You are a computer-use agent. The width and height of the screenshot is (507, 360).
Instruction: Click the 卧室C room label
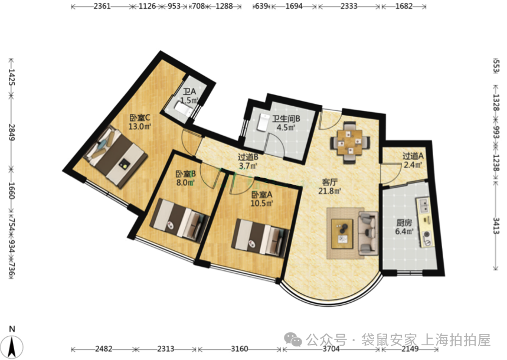140,117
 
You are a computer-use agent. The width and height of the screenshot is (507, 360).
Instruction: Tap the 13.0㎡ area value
140,126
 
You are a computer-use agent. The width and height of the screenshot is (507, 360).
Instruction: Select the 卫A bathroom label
189,92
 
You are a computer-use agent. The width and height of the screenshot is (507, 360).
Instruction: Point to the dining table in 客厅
350,142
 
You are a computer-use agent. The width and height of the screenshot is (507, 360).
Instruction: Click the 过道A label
413,156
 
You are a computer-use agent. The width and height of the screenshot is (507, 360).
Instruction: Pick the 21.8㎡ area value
330,191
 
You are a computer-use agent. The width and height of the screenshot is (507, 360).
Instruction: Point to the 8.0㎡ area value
185,183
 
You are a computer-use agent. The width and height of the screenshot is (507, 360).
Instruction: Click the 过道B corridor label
248,157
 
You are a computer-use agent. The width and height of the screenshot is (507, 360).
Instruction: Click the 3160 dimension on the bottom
240,349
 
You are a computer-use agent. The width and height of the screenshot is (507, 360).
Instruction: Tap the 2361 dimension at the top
102,6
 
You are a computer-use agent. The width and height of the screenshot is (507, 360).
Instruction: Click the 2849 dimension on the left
11,132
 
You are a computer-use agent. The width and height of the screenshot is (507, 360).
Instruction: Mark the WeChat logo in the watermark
293,339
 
